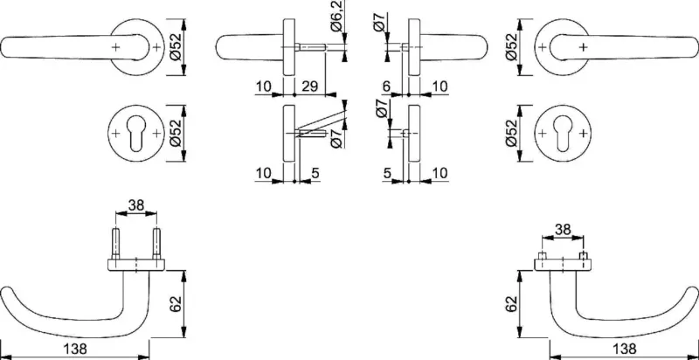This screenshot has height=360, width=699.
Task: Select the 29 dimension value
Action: [310, 86]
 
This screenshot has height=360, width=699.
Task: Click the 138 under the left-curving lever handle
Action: [76, 348]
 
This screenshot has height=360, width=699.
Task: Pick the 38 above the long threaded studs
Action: [136, 205]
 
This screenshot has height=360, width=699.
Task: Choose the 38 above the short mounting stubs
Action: [562, 230]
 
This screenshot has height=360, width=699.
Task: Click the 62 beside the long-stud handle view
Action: [176, 303]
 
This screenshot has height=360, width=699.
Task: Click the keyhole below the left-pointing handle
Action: [136, 134]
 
